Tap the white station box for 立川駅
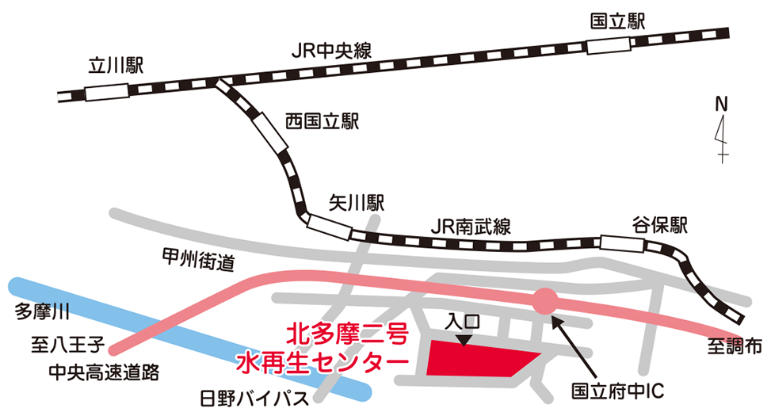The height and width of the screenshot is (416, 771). coord(105,91)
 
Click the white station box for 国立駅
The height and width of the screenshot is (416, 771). coord(613,44)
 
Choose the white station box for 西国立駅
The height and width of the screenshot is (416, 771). coord(270,132)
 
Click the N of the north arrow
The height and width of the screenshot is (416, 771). coord(721,104)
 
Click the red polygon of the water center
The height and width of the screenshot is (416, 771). coord(475,358)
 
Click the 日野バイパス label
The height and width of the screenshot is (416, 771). coord(254,398)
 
